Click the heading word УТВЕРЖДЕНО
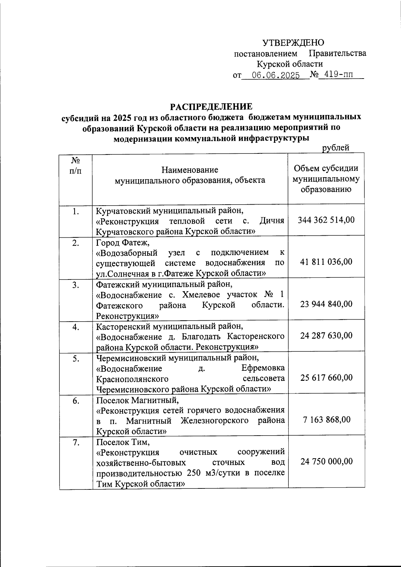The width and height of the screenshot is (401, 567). coord(293,43)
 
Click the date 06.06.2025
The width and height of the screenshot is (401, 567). coord(276,76)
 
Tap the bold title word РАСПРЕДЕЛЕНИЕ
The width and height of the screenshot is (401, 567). coord(211,107)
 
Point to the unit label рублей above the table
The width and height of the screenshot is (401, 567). coord(336,148)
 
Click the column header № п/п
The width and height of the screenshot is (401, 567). coord(75,165)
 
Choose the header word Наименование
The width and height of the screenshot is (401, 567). coord(190,170)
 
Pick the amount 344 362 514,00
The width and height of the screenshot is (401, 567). coord(326,220)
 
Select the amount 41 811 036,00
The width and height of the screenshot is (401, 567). coord(326,262)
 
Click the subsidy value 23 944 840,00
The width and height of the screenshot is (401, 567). coord(326,304)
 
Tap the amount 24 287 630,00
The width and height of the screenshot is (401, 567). coord(326,335)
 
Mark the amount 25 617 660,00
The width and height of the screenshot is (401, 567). coord(326,377)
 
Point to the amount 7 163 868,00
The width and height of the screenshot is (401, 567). coord(326,420)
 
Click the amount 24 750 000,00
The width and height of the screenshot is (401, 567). coord(326,461)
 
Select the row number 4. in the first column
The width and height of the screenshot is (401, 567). coord(76,327)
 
